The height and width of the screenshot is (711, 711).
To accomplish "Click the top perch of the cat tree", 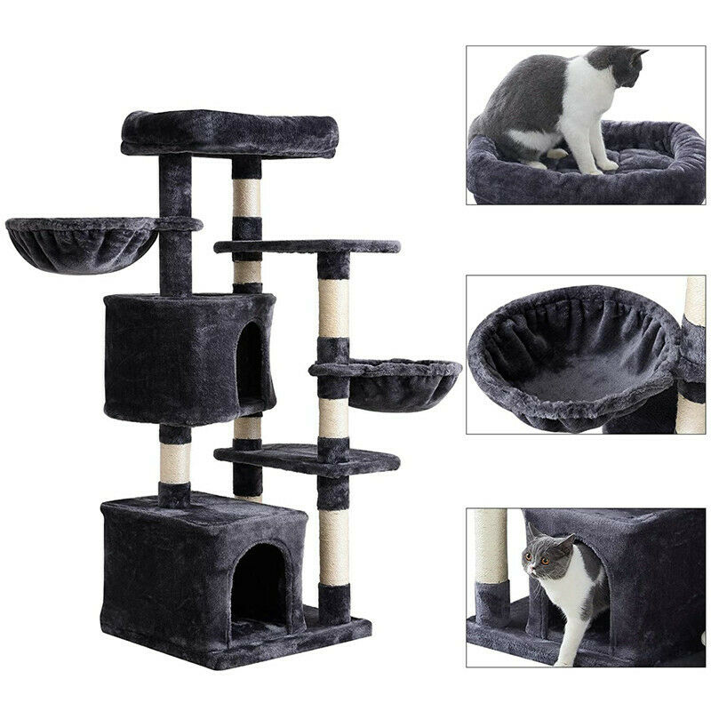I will (229, 132).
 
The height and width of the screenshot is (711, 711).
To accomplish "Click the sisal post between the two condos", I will (175, 462).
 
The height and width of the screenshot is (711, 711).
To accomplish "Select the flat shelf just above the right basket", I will (307, 245).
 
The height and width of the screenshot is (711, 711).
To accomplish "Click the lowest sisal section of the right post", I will (334, 547).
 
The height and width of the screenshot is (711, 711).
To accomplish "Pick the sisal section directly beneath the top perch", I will (247, 197).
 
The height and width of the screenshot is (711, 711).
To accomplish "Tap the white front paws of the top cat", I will (595, 164).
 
